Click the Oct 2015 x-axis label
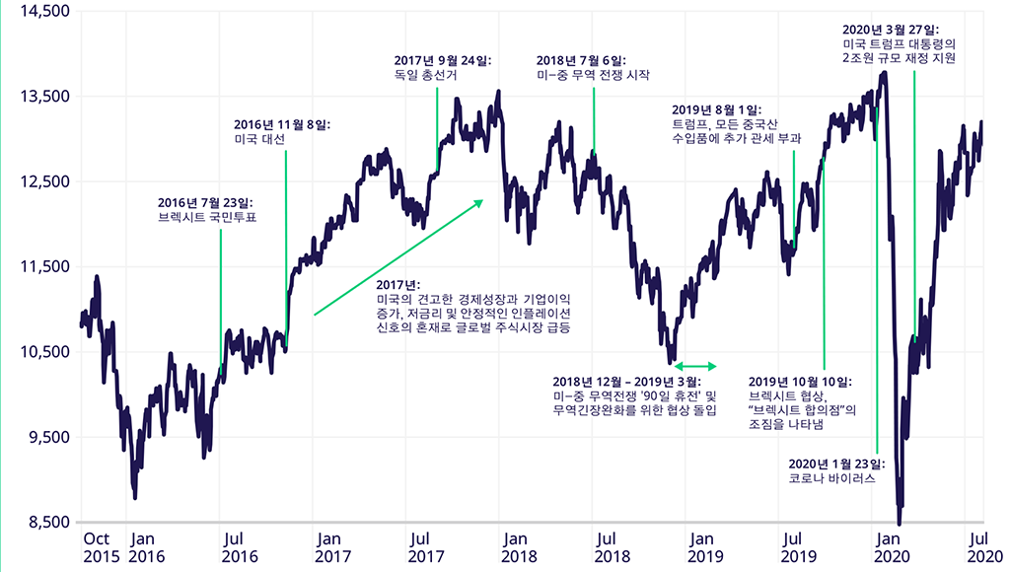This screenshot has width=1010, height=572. pyautogui.click(x=98, y=547)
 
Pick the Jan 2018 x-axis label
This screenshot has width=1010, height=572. pyautogui.click(x=517, y=547)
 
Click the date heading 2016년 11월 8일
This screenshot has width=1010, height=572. pyautogui.click(x=282, y=125)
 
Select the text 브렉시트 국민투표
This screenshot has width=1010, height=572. pyautogui.click(x=207, y=218)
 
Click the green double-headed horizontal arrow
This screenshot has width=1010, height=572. pyautogui.click(x=696, y=367)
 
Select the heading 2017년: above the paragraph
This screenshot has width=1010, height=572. pyautogui.click(x=398, y=285)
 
